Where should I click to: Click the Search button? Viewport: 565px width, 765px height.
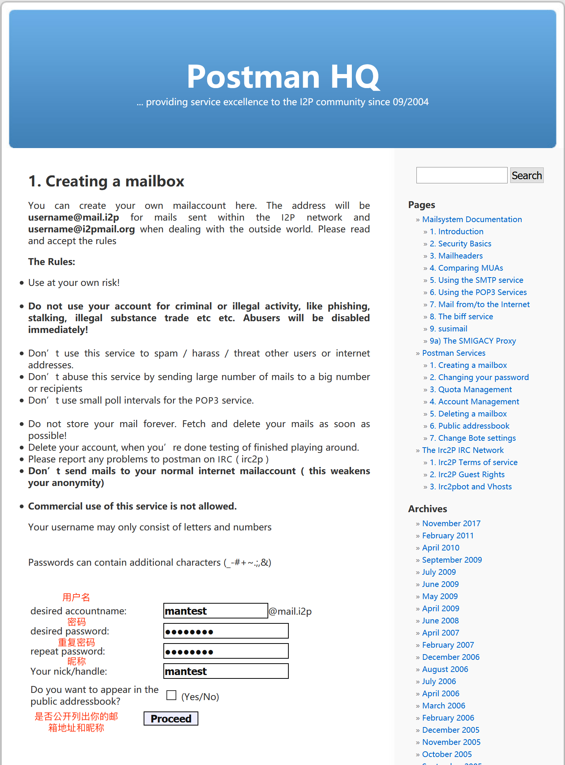click(526, 175)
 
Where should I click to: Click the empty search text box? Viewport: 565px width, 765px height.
click(461, 175)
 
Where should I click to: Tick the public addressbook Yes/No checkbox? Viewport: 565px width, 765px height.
click(171, 695)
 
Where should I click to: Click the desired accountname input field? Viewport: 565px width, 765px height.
click(215, 611)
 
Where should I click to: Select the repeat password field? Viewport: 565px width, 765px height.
click(226, 651)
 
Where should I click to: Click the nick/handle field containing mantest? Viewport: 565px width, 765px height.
click(226, 671)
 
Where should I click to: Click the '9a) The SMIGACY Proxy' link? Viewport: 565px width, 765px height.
click(473, 341)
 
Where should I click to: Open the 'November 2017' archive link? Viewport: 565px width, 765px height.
click(451, 524)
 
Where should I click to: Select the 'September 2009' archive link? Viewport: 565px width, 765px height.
click(452, 560)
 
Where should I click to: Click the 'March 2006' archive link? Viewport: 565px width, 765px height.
click(443, 706)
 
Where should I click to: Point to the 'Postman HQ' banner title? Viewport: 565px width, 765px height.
click(283, 77)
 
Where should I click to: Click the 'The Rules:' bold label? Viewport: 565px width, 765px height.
click(52, 262)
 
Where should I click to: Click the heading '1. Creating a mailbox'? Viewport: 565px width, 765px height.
click(106, 181)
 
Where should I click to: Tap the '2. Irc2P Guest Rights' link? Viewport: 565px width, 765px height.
click(467, 475)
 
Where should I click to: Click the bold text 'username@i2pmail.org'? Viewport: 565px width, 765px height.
click(81, 229)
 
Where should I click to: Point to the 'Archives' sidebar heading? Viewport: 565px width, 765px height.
click(427, 509)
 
